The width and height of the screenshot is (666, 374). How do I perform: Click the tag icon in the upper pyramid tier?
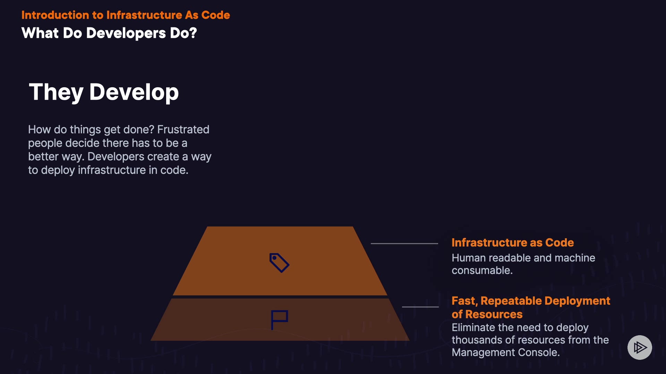(x=279, y=262)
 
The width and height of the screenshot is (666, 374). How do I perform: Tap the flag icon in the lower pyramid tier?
(x=279, y=319)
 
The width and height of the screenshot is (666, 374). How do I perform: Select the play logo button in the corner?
(x=640, y=347)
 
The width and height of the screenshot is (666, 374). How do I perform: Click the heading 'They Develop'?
(x=104, y=92)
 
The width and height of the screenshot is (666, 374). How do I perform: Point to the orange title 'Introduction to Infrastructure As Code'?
(x=126, y=15)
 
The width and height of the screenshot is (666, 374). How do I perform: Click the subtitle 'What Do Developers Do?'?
(x=109, y=33)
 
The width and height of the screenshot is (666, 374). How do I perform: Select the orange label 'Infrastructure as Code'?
(x=512, y=242)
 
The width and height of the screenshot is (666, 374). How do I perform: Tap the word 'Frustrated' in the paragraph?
(x=183, y=130)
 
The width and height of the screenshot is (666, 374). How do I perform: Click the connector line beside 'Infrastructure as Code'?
(x=404, y=243)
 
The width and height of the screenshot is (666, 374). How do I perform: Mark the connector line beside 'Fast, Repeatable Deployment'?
(x=420, y=307)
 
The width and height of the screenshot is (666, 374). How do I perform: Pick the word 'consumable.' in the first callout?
(x=482, y=270)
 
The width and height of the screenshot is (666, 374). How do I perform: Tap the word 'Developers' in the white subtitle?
(x=126, y=33)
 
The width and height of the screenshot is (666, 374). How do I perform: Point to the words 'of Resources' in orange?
(x=487, y=314)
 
